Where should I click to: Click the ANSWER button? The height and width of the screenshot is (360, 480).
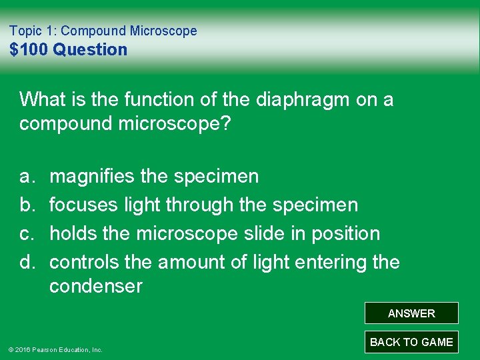[x=411, y=313]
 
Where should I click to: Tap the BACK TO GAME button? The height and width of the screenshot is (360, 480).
[x=411, y=342]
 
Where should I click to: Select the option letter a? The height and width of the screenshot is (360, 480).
[x=26, y=177]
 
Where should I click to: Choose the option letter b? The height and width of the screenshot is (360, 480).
[x=26, y=205]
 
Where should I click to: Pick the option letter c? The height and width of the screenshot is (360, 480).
[x=26, y=233]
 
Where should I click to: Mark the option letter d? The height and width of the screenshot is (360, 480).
[x=26, y=262]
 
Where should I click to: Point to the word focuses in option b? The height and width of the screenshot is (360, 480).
[x=84, y=205]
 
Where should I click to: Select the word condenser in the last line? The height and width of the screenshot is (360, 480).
[x=95, y=287]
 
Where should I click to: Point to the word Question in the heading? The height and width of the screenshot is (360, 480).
[x=90, y=50]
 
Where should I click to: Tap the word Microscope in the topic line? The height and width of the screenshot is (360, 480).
[x=163, y=31]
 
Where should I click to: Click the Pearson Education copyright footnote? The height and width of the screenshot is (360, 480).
[x=55, y=349]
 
